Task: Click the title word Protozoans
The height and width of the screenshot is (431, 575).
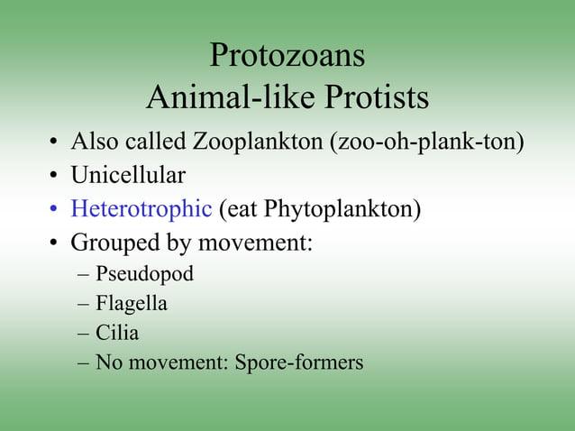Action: pos(287,56)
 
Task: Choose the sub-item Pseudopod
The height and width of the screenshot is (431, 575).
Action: pos(144,273)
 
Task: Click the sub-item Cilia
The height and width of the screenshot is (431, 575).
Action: pos(117,333)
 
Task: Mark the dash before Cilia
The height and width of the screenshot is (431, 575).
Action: pos(84,333)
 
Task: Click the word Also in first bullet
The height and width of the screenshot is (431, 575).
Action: pos(93,142)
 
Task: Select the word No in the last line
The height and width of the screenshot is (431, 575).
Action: pos(107,362)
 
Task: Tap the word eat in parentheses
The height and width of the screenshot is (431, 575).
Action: pos(240,209)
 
